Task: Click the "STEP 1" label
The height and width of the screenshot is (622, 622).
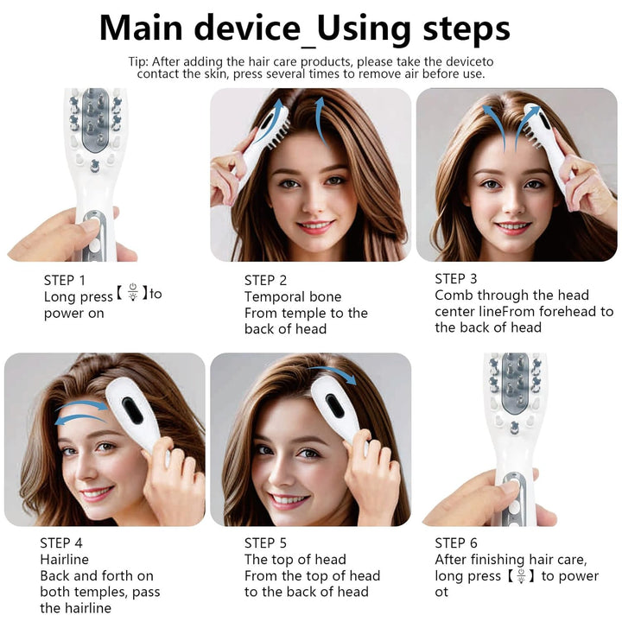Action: [65, 280]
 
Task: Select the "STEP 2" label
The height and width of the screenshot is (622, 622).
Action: [265, 280]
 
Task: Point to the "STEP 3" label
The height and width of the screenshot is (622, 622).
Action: [456, 278]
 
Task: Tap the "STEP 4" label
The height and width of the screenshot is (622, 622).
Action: [61, 543]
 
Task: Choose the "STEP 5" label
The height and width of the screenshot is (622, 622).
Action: [265, 543]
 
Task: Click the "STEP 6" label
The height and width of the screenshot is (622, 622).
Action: [456, 543]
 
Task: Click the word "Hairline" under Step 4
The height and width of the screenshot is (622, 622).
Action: [64, 560]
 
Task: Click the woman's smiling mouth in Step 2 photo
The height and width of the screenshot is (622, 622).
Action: [315, 226]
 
